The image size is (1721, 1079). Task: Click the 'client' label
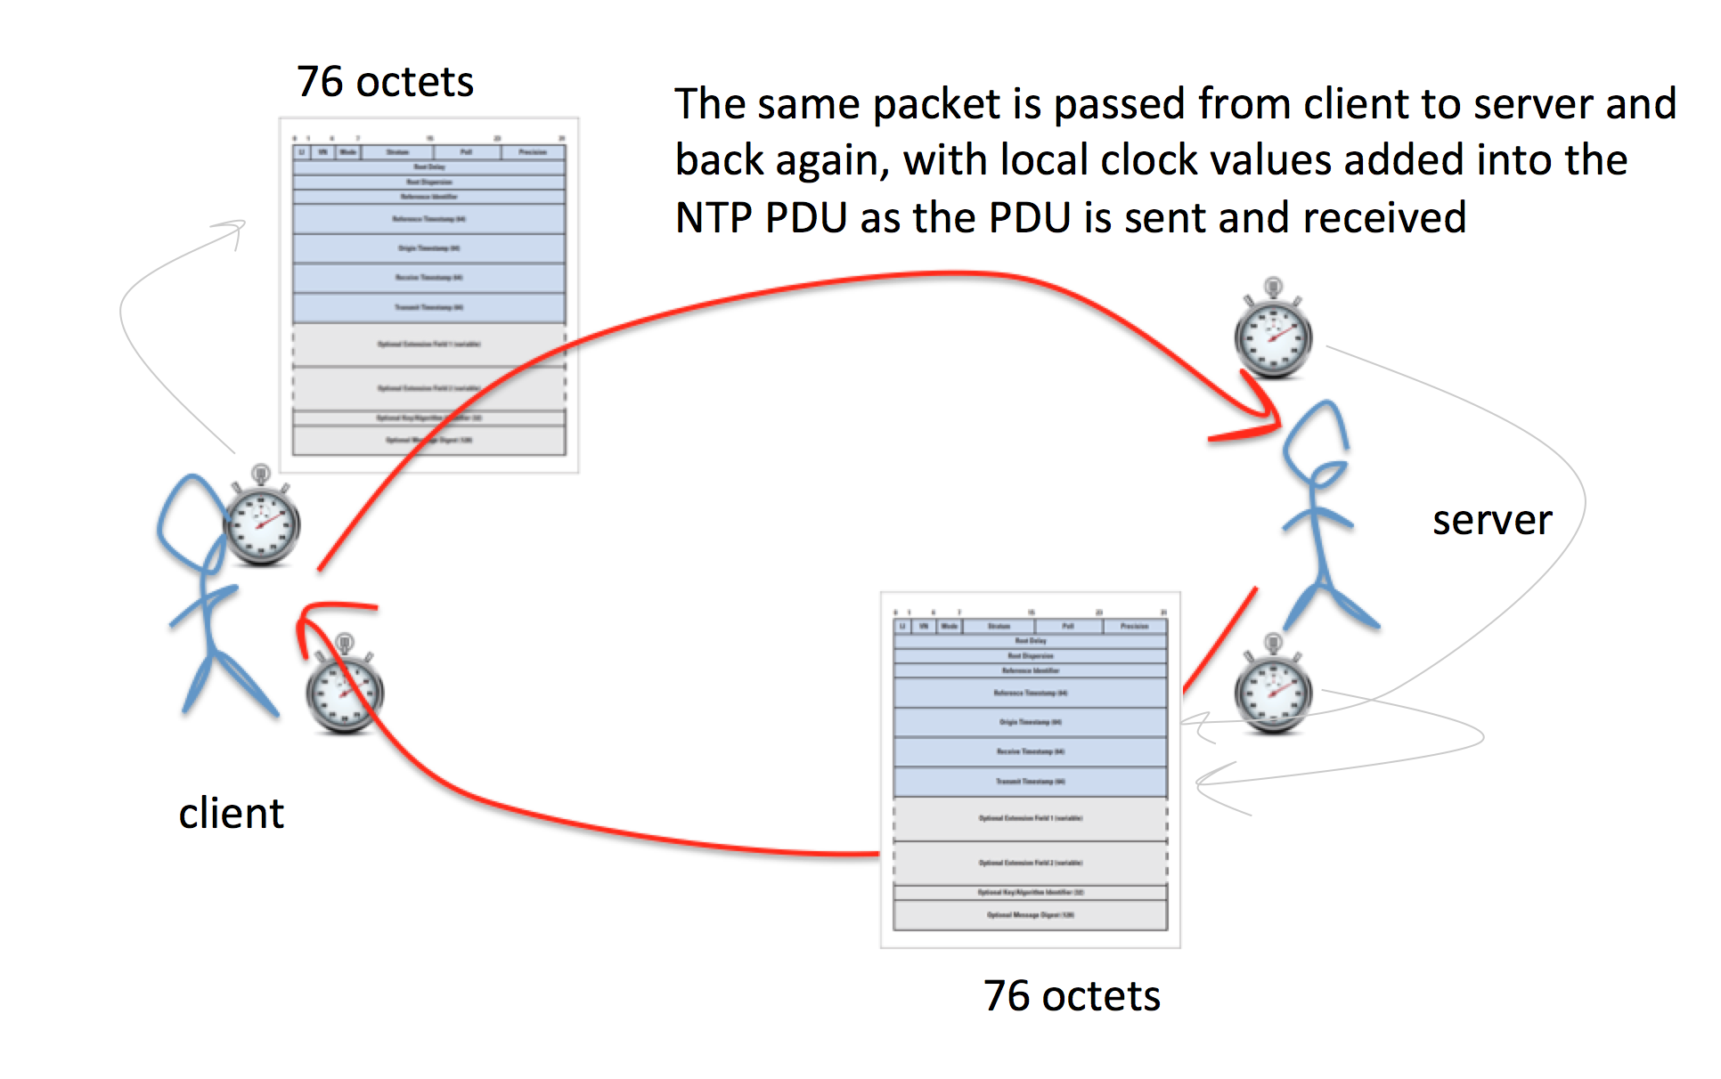pos(231,813)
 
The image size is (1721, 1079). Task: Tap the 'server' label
pos(1491,520)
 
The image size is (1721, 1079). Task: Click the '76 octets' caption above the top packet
pos(385,82)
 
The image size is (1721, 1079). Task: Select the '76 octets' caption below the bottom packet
pos(1072,995)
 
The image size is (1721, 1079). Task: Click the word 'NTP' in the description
pos(714,218)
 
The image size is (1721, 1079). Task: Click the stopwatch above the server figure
pos(1273,333)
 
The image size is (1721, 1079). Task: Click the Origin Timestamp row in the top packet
pos(428,248)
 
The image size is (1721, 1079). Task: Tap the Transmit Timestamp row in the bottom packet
pos(1030,782)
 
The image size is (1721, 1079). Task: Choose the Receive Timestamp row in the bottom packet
pos(1030,752)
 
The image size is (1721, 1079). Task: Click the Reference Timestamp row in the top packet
pos(428,219)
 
